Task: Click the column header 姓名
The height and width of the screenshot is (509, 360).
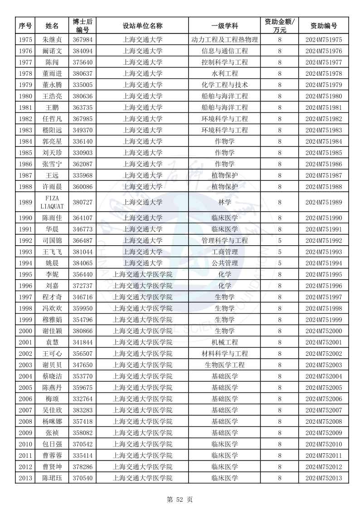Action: (x=52, y=26)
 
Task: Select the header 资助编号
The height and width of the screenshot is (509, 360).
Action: (x=323, y=26)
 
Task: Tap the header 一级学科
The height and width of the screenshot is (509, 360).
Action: (x=225, y=26)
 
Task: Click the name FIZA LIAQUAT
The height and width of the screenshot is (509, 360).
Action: (x=52, y=202)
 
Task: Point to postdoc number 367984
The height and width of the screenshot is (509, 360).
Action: (x=82, y=40)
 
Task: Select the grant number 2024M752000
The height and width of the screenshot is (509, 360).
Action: (x=323, y=331)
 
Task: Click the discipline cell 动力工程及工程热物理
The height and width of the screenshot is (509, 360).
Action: (x=225, y=40)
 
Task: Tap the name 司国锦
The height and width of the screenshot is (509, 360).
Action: (x=52, y=241)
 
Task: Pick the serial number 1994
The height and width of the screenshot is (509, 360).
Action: (x=25, y=263)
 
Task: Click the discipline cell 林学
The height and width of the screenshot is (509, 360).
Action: (x=225, y=202)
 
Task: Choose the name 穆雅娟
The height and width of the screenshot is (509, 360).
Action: (x=52, y=320)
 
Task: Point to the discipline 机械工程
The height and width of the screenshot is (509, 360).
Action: (x=225, y=342)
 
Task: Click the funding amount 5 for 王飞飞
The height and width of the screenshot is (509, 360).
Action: (x=280, y=252)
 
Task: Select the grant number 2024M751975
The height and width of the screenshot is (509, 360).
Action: (x=323, y=40)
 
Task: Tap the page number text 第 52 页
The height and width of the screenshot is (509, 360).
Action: (x=180, y=499)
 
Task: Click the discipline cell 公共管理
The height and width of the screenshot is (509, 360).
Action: (x=225, y=263)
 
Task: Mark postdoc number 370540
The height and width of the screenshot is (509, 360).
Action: (x=82, y=478)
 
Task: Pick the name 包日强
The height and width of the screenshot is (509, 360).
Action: (x=52, y=444)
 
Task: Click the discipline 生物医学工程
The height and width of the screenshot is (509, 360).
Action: (x=225, y=365)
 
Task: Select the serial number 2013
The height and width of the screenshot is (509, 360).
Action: (x=25, y=478)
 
